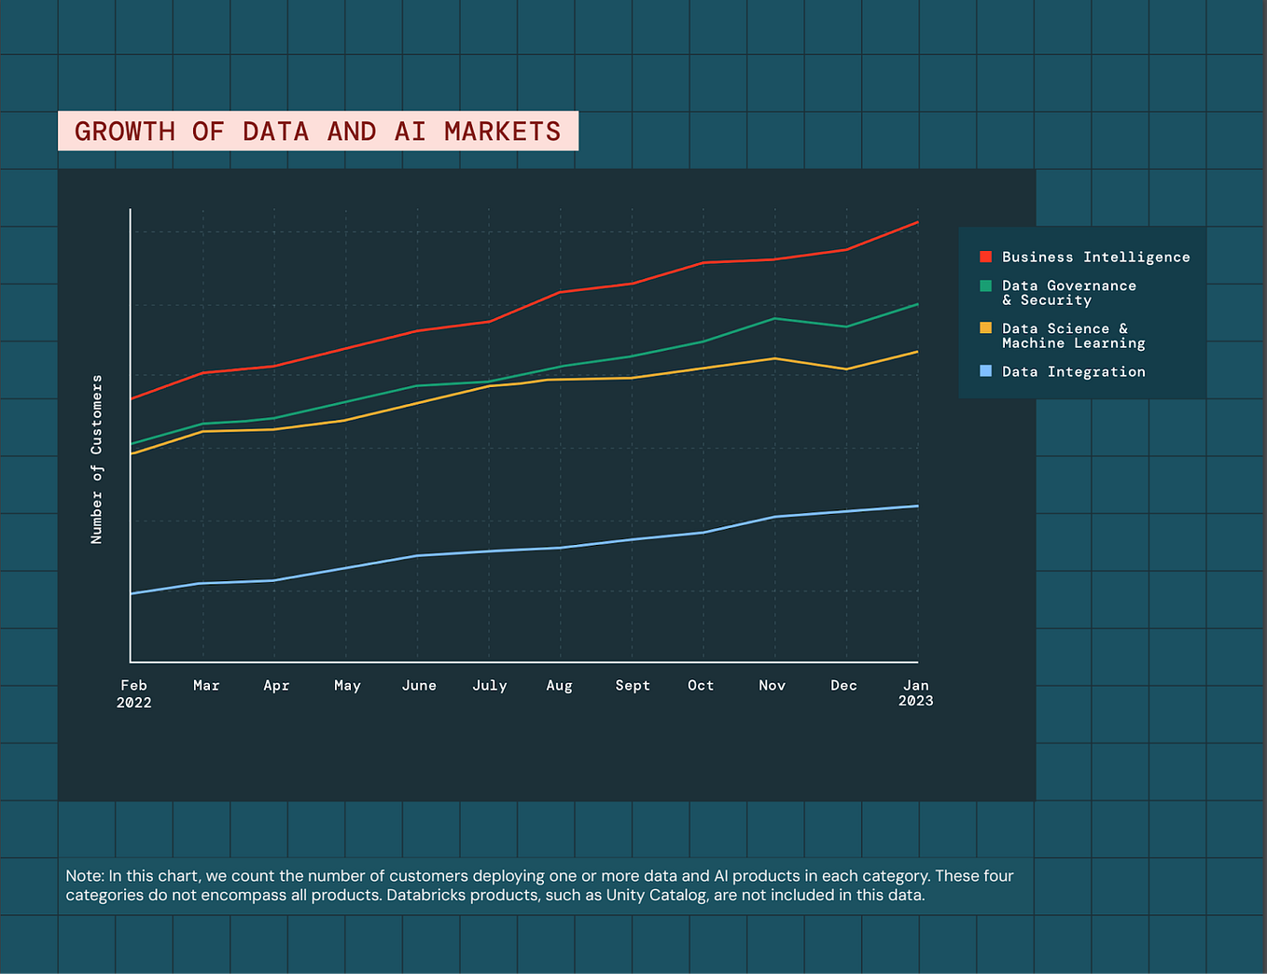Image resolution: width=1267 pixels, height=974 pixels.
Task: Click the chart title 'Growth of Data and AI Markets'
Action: point(317,132)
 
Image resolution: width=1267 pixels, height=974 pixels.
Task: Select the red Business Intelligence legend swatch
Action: point(985,257)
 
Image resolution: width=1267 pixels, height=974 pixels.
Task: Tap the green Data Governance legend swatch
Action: point(985,285)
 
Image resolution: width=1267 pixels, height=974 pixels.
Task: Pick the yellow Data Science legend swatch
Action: point(985,328)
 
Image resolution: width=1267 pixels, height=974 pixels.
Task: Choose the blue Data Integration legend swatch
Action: point(985,371)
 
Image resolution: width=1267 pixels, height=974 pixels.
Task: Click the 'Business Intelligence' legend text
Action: point(1095,257)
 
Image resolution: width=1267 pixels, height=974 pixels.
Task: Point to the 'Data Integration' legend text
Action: point(1073,371)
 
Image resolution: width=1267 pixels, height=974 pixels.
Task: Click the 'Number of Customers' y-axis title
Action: point(97,459)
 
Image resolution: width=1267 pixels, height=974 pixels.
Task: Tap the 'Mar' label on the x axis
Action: point(206,686)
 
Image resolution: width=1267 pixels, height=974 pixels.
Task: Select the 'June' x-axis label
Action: point(419,686)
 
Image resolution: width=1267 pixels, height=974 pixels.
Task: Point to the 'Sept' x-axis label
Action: point(633,686)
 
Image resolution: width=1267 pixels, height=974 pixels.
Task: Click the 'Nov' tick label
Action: point(772,686)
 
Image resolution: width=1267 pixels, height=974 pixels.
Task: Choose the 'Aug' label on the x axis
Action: point(559,686)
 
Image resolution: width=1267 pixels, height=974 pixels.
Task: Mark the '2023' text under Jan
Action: point(915,702)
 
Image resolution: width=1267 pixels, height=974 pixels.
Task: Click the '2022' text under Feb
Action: point(133,703)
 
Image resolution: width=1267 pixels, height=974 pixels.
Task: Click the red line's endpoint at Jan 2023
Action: point(918,223)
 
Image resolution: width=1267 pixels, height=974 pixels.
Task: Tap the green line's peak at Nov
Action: point(774,319)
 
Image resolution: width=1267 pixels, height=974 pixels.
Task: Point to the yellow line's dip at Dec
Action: point(846,369)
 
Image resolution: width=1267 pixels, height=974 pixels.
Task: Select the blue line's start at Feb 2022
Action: point(132,593)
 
